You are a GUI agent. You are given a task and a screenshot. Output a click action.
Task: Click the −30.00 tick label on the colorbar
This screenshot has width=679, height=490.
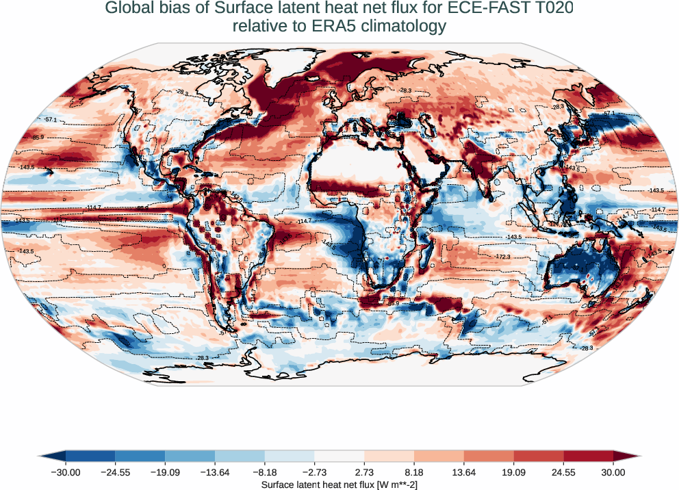point(65,472)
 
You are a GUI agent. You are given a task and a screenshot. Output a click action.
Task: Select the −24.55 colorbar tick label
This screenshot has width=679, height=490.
point(115,472)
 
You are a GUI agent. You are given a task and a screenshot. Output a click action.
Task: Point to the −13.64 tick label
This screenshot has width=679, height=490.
point(215,472)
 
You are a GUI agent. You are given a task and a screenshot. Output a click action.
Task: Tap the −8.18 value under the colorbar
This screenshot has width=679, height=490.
point(265,472)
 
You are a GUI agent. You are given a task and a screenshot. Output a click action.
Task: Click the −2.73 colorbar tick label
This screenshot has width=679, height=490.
point(314,472)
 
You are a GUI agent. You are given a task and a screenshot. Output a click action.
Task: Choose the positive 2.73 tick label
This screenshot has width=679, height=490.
point(364,472)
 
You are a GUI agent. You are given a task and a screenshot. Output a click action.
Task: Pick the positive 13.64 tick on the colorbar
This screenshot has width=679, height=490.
point(464,472)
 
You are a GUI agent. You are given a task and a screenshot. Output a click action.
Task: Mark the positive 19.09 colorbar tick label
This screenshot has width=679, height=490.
point(513,472)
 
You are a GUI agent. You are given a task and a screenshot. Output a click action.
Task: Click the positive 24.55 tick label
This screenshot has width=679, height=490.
point(563,472)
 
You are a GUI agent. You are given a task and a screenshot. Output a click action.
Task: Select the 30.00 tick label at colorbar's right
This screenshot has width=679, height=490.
point(613,472)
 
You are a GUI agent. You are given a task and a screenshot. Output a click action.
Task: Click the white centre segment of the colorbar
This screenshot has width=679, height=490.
point(339,456)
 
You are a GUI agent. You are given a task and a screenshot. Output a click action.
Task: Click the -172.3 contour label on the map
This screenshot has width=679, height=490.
point(503,256)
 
